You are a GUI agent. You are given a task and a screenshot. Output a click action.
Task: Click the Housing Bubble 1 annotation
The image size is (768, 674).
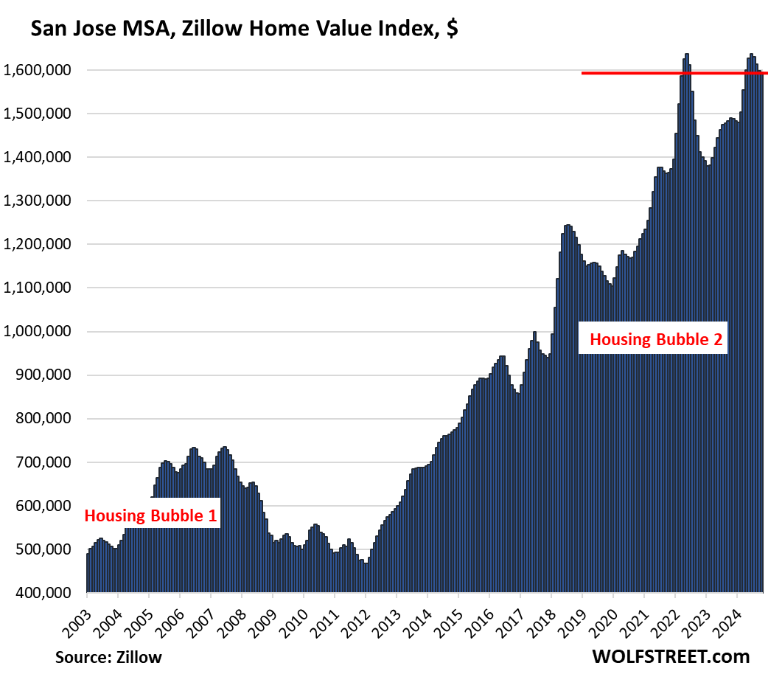tap(151, 515)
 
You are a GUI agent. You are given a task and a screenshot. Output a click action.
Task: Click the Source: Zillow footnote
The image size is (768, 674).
tap(108, 656)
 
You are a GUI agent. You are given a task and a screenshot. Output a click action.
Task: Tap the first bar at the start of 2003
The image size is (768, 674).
tap(88, 573)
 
